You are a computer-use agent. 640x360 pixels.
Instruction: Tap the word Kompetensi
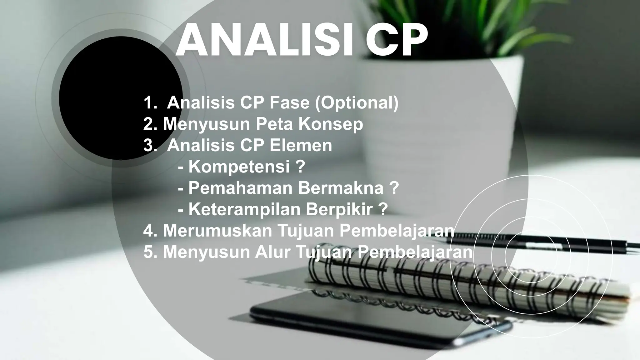pos(239,167)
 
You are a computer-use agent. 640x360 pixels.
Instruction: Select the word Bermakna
pos(340,188)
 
